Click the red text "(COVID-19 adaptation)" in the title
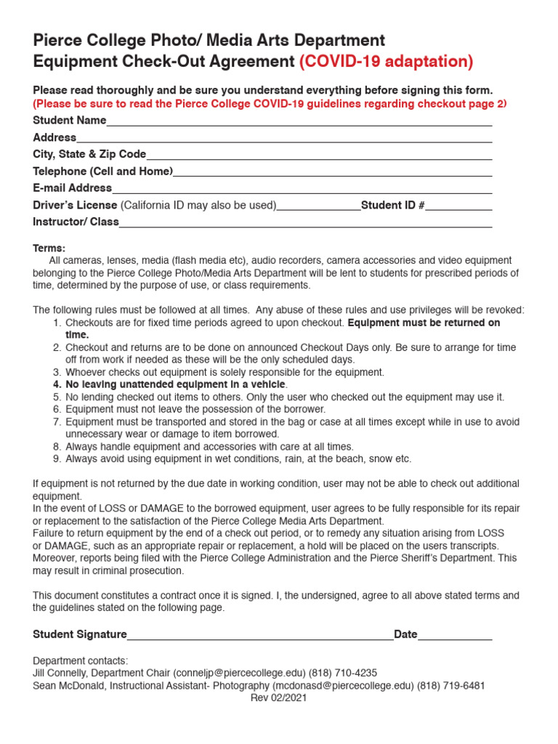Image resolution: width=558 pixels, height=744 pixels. tap(386, 62)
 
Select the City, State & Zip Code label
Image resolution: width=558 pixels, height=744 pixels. tap(89, 154)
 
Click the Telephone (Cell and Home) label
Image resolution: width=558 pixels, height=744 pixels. tap(102, 171)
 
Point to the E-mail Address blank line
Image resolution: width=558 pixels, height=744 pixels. tap(302, 190)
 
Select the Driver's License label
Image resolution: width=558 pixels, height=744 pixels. tap(75, 205)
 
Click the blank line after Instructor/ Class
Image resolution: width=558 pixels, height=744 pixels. tap(305, 224)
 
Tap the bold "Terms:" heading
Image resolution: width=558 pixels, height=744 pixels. tap(49, 248)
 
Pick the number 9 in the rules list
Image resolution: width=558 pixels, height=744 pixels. tap(57, 458)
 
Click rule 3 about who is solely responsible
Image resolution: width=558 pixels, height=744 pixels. tap(224, 372)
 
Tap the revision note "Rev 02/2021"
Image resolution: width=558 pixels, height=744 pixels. tap(278, 697)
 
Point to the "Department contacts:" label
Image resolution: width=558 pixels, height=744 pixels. tap(81, 660)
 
